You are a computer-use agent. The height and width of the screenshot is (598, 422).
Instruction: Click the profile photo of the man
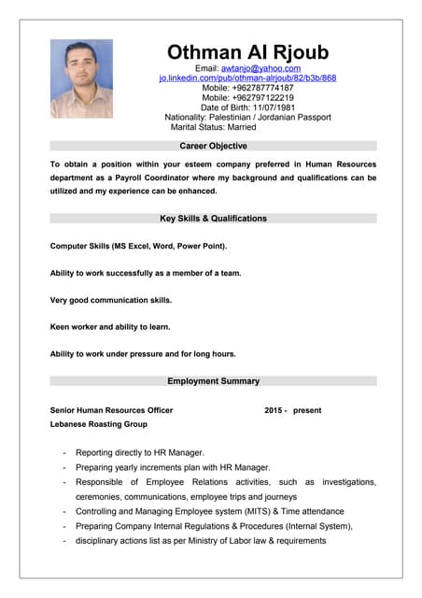point(81,78)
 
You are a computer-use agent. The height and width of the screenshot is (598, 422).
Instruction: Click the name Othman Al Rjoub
point(247,51)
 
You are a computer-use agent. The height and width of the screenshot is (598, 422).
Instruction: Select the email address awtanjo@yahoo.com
point(260,68)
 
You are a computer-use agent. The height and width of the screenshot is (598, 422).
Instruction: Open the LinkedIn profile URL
point(247,78)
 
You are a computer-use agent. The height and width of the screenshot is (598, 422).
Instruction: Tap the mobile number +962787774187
point(262,88)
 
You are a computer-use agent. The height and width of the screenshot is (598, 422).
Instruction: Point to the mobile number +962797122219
point(262,97)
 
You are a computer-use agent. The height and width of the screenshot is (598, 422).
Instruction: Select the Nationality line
point(247,117)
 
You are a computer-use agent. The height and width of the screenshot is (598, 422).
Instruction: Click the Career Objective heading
point(213,147)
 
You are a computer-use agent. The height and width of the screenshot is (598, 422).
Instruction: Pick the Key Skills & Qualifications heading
point(213,219)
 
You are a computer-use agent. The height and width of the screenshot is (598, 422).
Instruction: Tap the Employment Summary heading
point(213,381)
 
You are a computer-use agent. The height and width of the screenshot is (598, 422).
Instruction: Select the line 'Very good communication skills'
point(111,300)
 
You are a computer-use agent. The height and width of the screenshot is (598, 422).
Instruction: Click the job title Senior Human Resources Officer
point(111,410)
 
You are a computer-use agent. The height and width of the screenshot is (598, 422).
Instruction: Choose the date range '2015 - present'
point(292,410)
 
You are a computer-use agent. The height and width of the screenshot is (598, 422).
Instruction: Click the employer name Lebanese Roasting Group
point(98,424)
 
